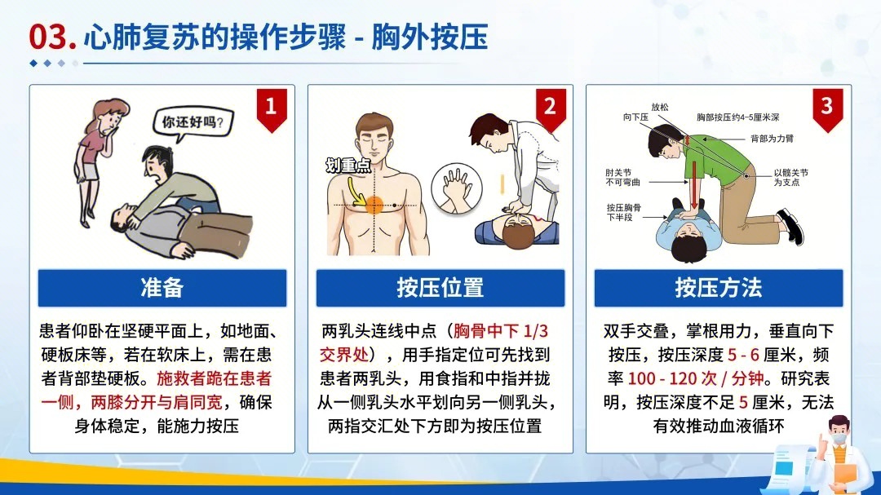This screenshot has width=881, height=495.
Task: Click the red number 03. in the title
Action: [52, 38]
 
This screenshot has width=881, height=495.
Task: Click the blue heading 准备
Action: [162, 288]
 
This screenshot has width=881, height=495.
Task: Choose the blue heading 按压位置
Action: [440, 288]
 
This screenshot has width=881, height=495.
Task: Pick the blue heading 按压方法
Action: [718, 288]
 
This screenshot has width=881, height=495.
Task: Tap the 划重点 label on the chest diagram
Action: [348, 166]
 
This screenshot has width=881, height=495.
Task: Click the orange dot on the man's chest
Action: [374, 205]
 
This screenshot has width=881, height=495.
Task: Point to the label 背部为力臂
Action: [772, 139]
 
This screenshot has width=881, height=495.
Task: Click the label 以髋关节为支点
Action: [791, 177]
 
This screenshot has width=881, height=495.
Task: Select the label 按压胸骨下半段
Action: [623, 213]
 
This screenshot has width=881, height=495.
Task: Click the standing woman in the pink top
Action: [92, 163]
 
